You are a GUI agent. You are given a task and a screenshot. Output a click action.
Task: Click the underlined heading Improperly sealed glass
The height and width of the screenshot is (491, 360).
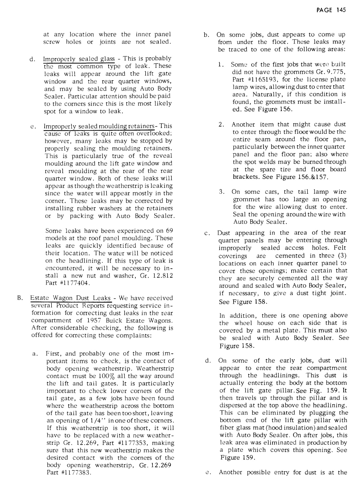79,59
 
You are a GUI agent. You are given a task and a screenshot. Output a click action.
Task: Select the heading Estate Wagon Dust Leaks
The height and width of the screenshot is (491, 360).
70,298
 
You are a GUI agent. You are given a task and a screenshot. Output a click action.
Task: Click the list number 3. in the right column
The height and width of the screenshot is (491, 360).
222,192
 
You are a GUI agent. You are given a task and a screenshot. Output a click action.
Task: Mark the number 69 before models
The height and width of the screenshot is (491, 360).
169,231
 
